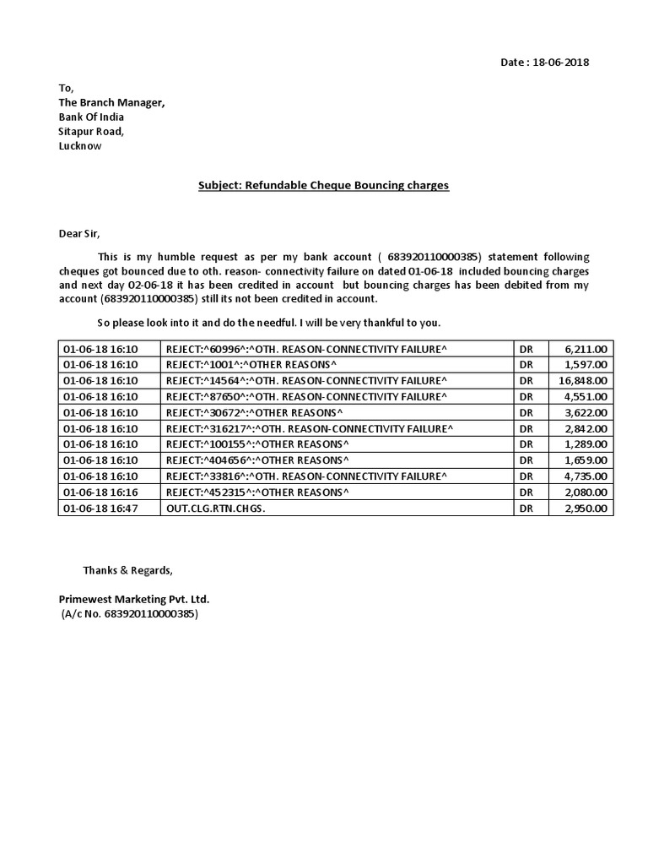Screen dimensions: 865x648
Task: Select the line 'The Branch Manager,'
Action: pos(111,102)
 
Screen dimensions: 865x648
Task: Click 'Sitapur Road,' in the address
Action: pos(91,131)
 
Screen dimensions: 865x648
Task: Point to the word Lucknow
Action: pos(79,145)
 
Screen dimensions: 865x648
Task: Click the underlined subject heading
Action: pos(323,184)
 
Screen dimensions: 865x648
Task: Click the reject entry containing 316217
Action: pos(309,428)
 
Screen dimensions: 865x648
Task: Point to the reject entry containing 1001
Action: pos(251,364)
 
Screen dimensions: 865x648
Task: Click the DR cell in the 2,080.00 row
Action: pos(526,492)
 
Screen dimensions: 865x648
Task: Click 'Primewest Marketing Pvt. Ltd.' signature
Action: pos(133,599)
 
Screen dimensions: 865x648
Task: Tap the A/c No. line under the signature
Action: pos(129,614)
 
